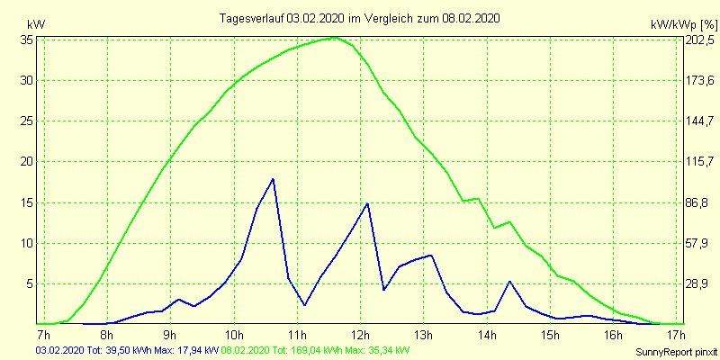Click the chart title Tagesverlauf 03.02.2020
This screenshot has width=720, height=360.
(x=360, y=18)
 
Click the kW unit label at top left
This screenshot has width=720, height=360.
(x=35, y=24)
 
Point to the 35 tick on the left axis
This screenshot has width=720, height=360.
(x=27, y=40)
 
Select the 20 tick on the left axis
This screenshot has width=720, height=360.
(x=27, y=162)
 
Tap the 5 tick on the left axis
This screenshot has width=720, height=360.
(x=30, y=283)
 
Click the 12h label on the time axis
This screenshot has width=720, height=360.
(x=361, y=336)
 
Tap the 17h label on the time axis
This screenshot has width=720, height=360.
(x=678, y=336)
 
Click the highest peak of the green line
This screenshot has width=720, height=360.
(x=335, y=38)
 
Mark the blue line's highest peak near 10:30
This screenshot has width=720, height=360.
(x=272, y=179)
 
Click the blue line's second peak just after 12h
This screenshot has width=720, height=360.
(x=367, y=203)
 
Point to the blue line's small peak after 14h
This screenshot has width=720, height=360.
(x=510, y=282)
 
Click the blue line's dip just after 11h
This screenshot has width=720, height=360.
(x=304, y=305)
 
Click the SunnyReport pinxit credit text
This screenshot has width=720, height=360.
(x=676, y=352)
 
